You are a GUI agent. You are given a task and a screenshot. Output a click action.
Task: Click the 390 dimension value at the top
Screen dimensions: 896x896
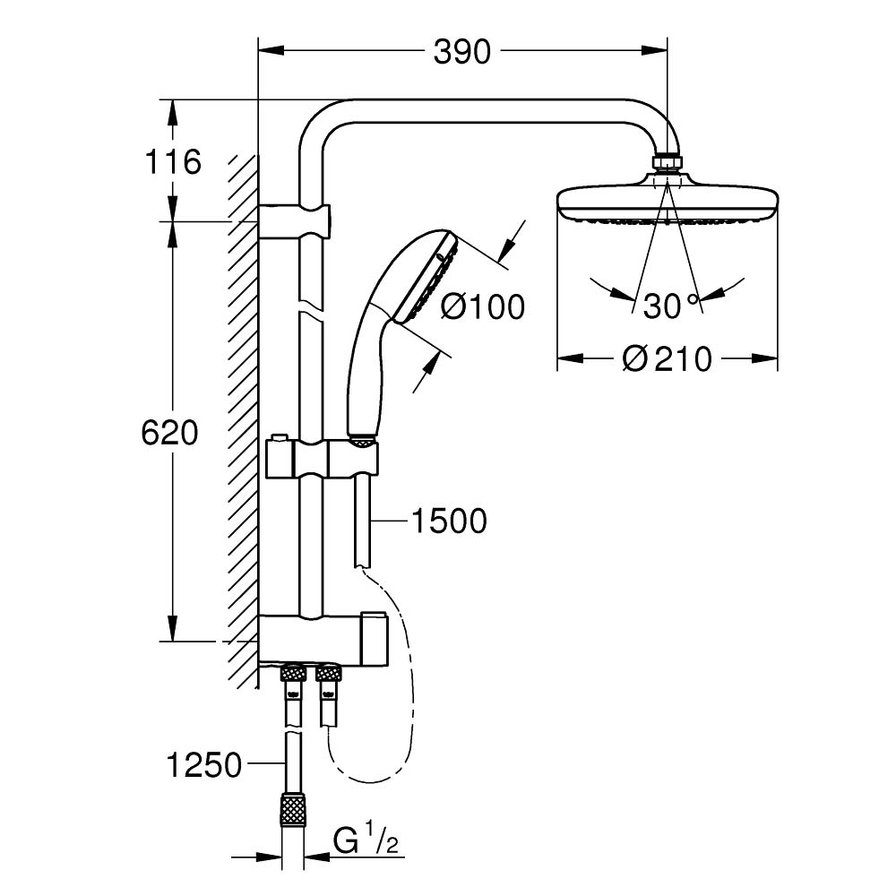(462, 53)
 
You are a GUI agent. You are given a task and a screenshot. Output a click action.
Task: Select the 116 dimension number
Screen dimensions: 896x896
(172, 162)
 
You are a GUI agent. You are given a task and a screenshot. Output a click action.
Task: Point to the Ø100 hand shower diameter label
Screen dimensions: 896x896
(483, 307)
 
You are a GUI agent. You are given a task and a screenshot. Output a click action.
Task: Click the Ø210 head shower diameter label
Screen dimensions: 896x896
(668, 359)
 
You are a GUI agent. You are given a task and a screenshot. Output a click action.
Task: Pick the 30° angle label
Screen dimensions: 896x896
(669, 306)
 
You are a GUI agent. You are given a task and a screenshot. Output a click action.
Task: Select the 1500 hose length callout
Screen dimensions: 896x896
(448, 520)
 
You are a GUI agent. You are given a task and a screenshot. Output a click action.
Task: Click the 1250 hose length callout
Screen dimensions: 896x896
(204, 765)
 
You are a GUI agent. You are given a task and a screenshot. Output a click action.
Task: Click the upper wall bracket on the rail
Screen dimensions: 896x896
(296, 220)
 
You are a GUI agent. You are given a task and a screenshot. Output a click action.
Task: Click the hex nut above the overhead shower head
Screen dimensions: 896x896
(667, 164)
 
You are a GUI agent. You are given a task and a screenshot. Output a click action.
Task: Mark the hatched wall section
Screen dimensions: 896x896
(242, 403)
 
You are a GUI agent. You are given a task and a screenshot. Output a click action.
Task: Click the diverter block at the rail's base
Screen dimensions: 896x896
(323, 640)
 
